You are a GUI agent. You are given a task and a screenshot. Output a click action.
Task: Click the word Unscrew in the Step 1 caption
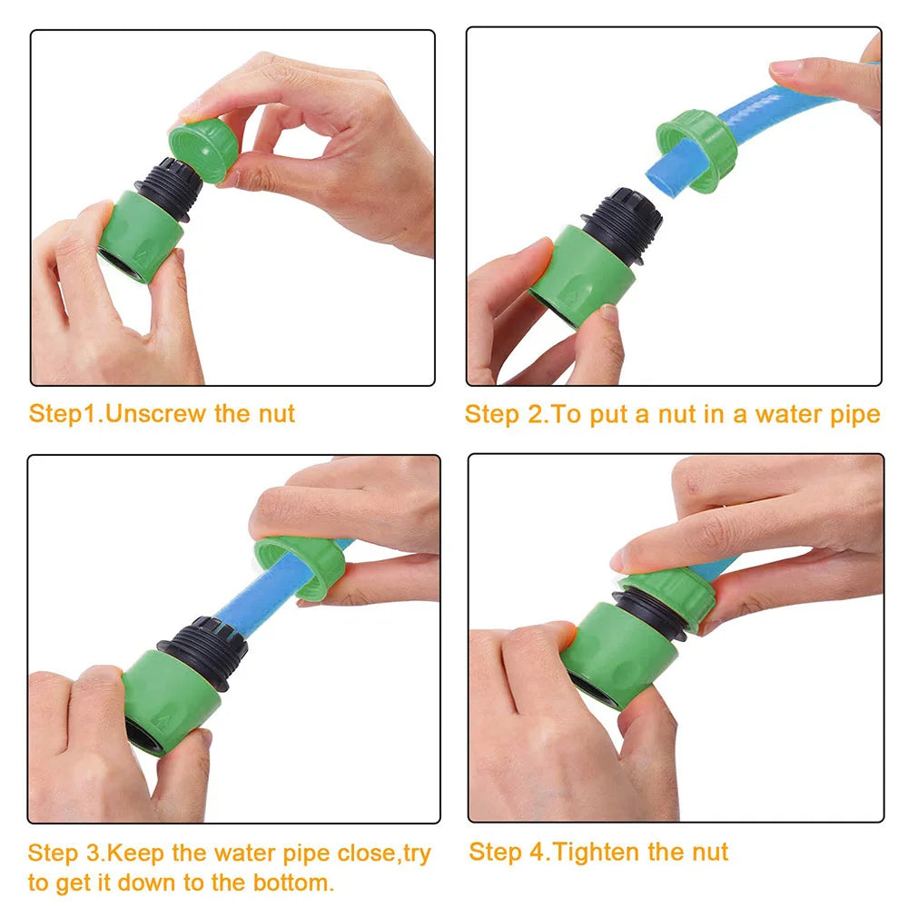(x=156, y=413)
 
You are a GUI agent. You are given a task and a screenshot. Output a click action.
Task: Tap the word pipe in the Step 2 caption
(x=855, y=416)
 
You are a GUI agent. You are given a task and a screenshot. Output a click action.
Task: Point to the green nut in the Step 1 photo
(x=203, y=150)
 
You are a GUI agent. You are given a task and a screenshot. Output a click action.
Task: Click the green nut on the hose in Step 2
(x=696, y=150)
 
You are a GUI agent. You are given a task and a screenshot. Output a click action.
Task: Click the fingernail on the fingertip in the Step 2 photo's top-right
(x=785, y=68)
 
